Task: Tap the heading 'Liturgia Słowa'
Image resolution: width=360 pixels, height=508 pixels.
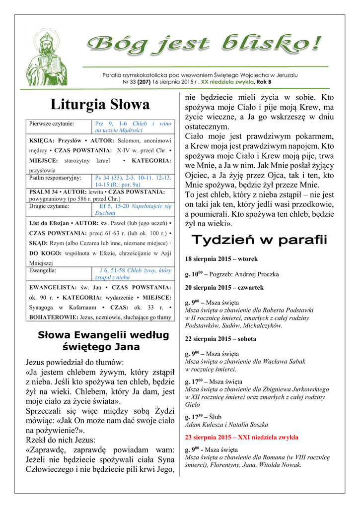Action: pos(100,105)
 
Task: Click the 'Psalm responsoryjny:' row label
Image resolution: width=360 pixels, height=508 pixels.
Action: pos(55,177)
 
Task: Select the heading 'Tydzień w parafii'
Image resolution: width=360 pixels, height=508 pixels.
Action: pos(259,241)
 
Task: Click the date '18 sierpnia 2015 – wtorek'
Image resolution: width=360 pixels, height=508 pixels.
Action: pos(221,259)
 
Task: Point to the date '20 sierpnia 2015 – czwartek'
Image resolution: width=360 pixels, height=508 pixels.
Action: pos(224,287)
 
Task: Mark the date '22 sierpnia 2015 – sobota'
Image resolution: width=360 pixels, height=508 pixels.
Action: pos(220,339)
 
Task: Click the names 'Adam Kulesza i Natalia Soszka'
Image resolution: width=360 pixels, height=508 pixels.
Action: pos(226,425)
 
